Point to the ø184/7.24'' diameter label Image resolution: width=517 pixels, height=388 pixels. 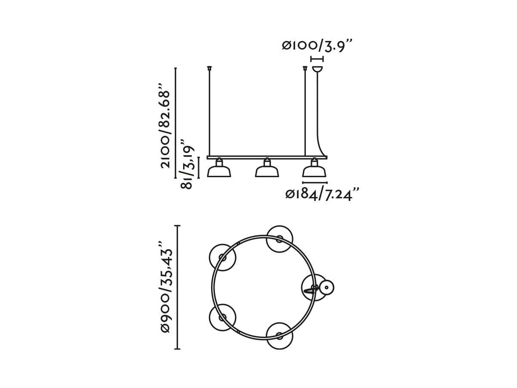322,194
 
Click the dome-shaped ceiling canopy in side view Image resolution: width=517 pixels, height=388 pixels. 317,69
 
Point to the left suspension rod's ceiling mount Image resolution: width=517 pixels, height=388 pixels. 209,68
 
